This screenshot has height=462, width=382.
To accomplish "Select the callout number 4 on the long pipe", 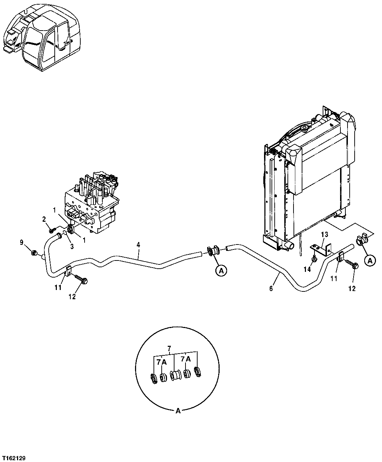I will click(x=138, y=245).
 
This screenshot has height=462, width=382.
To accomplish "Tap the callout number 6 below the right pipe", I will click(x=271, y=289).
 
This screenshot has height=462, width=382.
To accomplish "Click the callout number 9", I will click(x=22, y=243).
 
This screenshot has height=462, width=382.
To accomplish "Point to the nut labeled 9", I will click(x=34, y=253).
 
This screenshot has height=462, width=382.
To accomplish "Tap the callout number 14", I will click(x=307, y=269).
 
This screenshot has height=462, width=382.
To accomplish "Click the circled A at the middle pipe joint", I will click(x=221, y=271).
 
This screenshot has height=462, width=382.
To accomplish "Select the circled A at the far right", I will click(x=370, y=261).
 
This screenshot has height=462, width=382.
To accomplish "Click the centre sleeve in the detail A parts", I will click(x=174, y=376).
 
